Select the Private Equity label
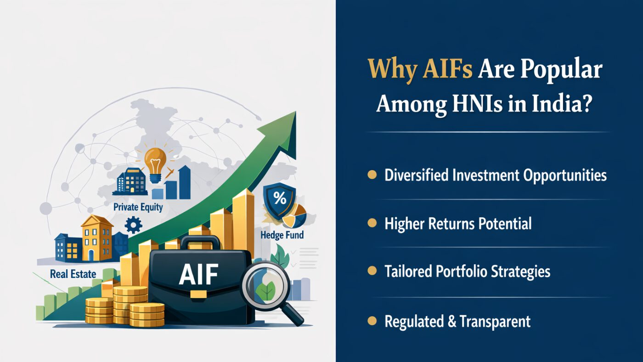pos(138,207)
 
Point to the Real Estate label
pos(73,274)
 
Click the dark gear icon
pos(133,225)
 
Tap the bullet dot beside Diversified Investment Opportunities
pos(372,175)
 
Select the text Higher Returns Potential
pos(457,224)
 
